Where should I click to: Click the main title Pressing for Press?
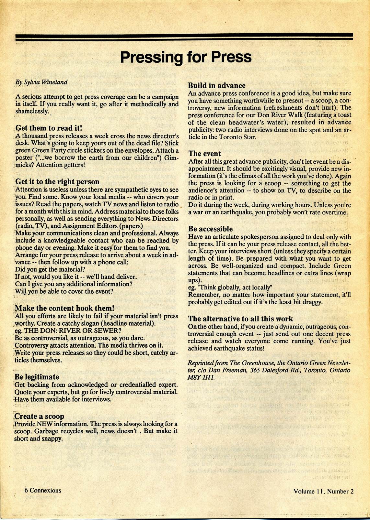pos(186,57)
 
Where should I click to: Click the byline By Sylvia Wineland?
pos(41,82)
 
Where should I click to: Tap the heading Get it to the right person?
pos(57,182)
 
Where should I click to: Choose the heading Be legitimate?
pos(37,377)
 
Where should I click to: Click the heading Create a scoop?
pos(40,417)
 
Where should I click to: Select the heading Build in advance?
pos(217,86)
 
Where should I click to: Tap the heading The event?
pos(204,154)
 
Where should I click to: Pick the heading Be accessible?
pos(210,229)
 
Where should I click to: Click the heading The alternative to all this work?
pos(240,319)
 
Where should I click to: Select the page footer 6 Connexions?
pos(43,490)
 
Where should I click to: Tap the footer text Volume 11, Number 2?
pos(323,491)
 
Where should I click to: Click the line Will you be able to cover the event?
pos(64,291)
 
